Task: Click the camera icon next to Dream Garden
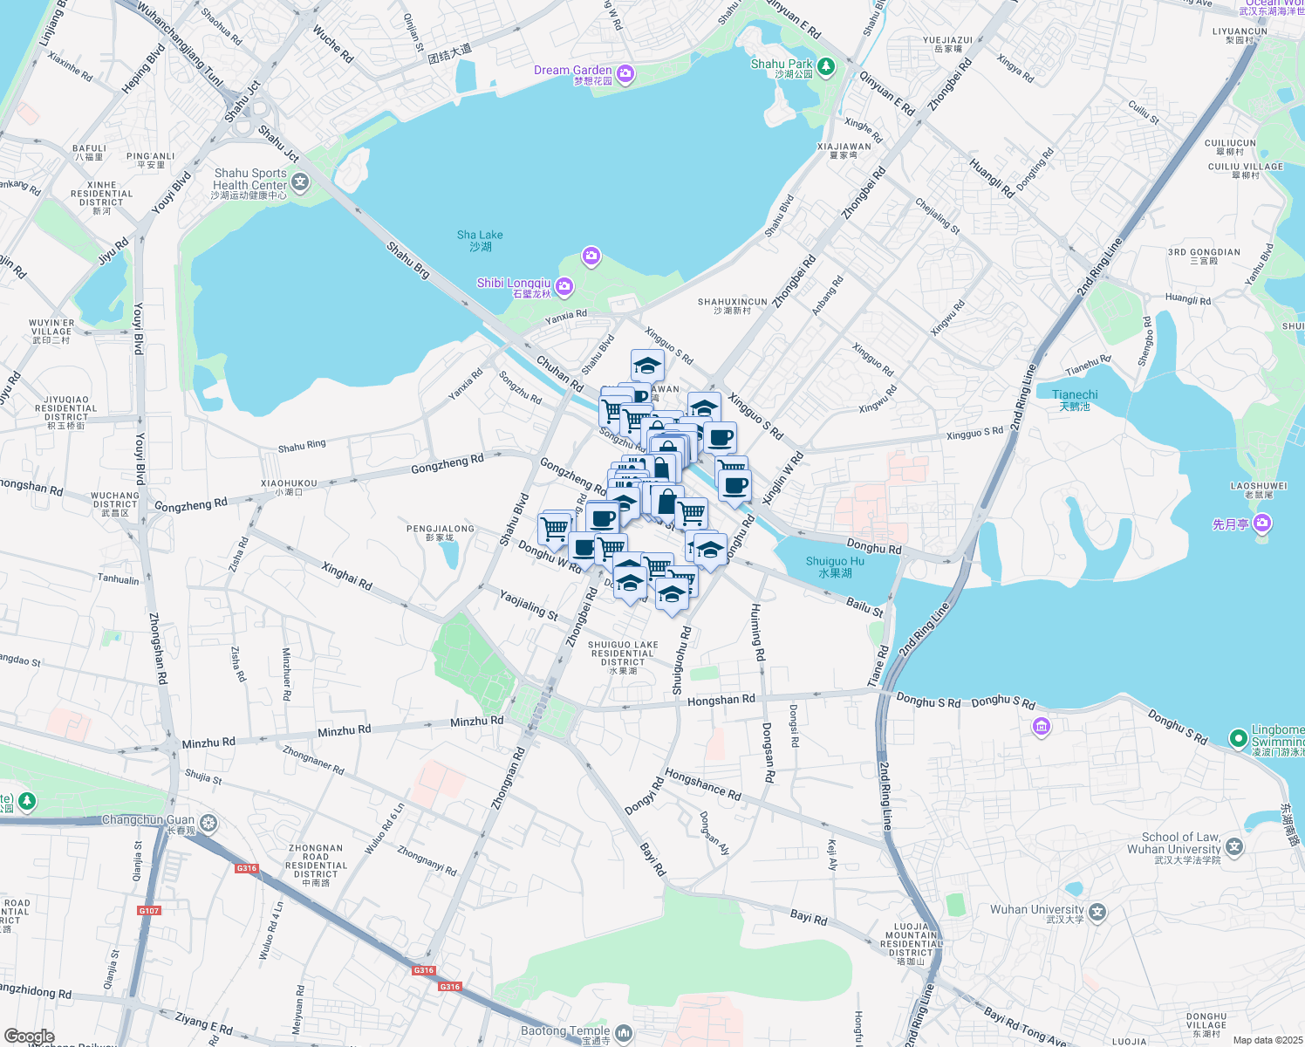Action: [x=625, y=74]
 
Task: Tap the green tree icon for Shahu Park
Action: [x=825, y=66]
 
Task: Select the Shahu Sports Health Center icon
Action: [x=300, y=181]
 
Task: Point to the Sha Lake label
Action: [x=480, y=240]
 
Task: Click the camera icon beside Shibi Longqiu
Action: [x=564, y=286]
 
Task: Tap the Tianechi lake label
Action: [x=1075, y=400]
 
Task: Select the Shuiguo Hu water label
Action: [x=835, y=567]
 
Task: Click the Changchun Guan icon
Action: [x=208, y=823]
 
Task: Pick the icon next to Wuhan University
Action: [x=1097, y=913]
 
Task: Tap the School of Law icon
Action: [x=1233, y=845]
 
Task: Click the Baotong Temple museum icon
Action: [x=623, y=1034]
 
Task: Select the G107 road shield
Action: [x=149, y=911]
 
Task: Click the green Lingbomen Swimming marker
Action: [x=1238, y=738]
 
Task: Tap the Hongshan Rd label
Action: [x=721, y=700]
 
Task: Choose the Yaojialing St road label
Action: [x=528, y=605]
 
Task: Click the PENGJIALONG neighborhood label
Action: [x=441, y=532]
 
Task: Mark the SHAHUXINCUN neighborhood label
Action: [x=732, y=305]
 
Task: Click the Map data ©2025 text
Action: [x=1267, y=1040]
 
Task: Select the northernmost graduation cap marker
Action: [x=647, y=365]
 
